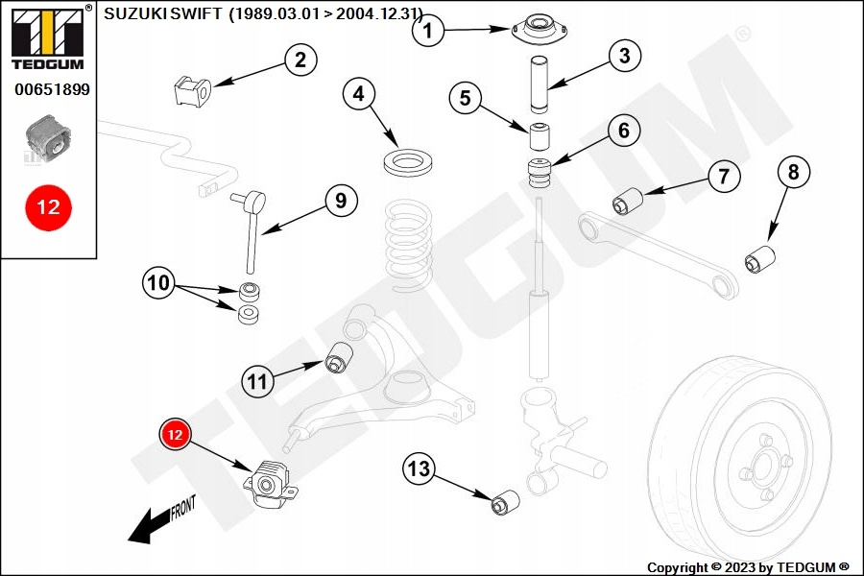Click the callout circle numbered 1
click(429, 31)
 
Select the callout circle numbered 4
click(359, 94)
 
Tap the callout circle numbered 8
click(793, 173)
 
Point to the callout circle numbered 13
click(419, 469)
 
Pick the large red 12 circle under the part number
click(48, 207)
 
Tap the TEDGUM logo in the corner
click(47, 37)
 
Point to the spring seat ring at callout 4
click(407, 160)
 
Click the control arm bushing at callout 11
click(339, 357)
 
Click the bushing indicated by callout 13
click(506, 502)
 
